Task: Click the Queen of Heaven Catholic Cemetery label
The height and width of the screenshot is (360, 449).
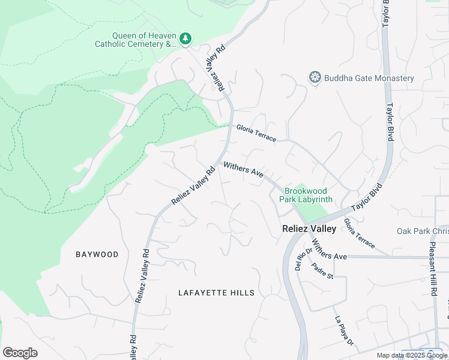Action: tap(137, 40)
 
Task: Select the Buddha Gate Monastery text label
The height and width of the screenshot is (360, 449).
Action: tap(369, 79)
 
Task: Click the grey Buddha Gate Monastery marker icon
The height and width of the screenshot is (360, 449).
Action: tap(315, 77)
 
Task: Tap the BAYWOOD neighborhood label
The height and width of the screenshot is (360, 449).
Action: tap(97, 254)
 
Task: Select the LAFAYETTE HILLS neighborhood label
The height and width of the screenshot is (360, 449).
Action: tap(217, 293)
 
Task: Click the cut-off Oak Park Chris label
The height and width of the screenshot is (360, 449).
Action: tap(422, 231)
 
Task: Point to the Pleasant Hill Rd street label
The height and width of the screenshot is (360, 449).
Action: tap(433, 269)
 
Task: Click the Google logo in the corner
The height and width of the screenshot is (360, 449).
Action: tap(20, 352)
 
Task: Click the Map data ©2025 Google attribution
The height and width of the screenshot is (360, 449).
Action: tap(412, 355)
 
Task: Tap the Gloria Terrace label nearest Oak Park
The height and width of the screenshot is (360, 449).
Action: tap(360, 233)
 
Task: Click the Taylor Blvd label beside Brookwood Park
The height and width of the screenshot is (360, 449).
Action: tap(367, 197)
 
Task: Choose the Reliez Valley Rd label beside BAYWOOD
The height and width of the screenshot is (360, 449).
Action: tap(142, 275)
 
